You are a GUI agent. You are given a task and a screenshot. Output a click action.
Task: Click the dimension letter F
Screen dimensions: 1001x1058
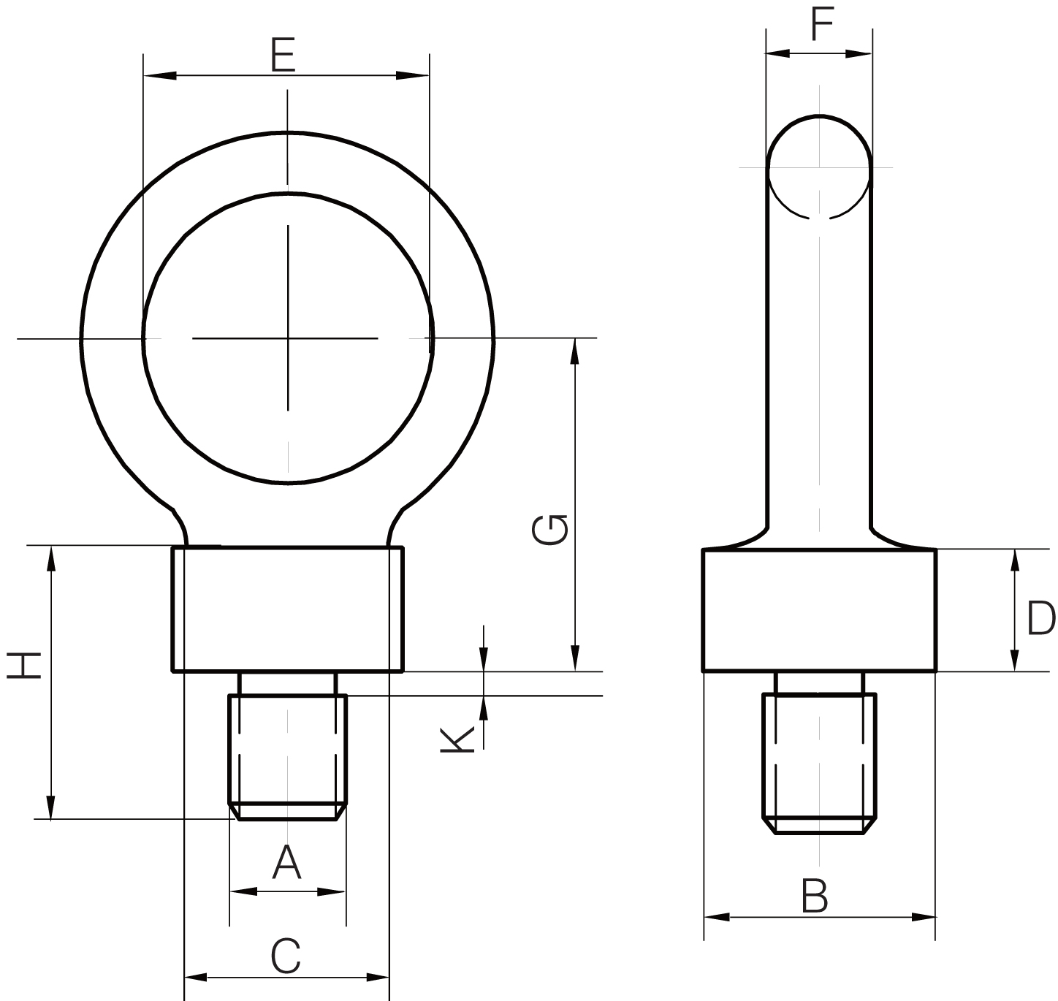822,25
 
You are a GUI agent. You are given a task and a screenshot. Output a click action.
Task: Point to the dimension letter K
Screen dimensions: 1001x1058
457,739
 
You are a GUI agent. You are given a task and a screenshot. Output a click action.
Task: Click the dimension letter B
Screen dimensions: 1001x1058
815,897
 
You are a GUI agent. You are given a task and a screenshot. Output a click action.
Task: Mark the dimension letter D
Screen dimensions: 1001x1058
1040,619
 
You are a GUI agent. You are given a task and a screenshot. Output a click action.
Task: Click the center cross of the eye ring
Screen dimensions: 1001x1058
288,338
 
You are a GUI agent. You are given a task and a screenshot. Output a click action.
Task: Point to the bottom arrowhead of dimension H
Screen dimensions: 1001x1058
50,807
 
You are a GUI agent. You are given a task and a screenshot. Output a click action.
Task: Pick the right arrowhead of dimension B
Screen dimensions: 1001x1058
923,917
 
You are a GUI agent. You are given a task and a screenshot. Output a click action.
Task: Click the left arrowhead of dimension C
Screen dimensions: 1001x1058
196,977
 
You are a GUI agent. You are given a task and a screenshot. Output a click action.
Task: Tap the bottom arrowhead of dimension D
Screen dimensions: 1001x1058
1014,659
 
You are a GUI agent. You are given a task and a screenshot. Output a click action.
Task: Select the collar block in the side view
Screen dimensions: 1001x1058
819,610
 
